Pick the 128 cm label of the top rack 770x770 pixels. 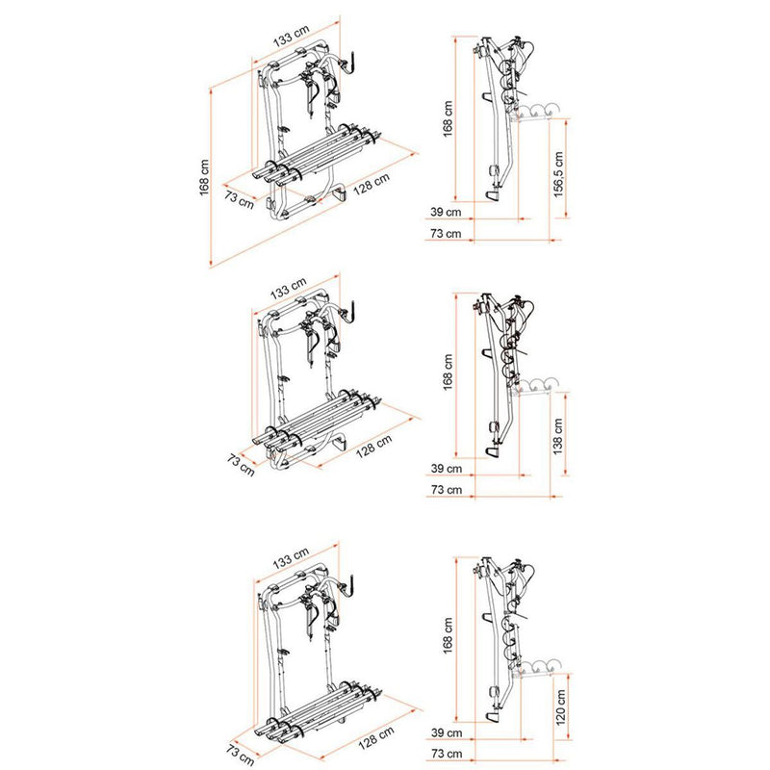point(370,185)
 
